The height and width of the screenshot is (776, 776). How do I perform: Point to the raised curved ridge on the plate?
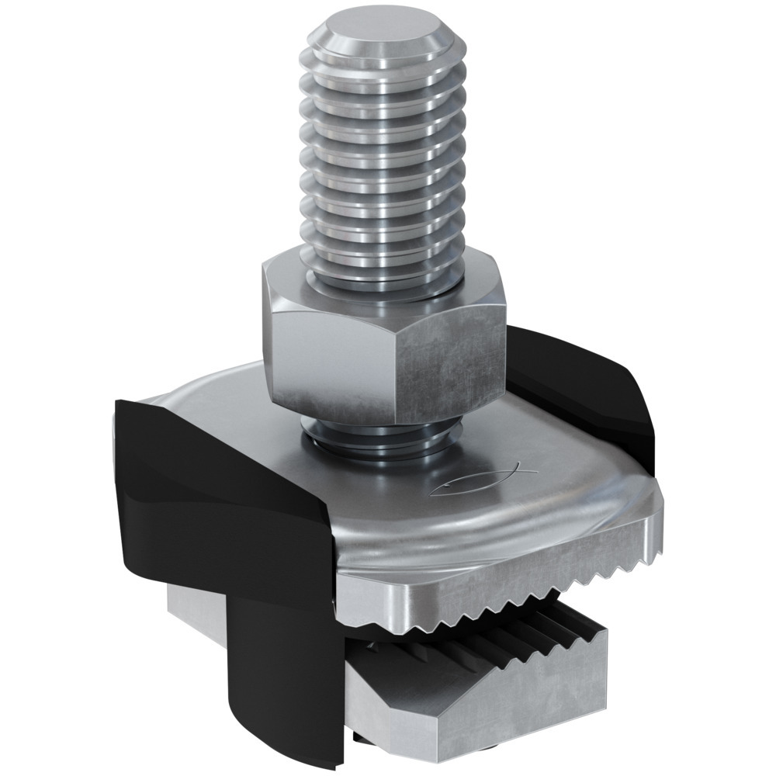click(481, 528)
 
